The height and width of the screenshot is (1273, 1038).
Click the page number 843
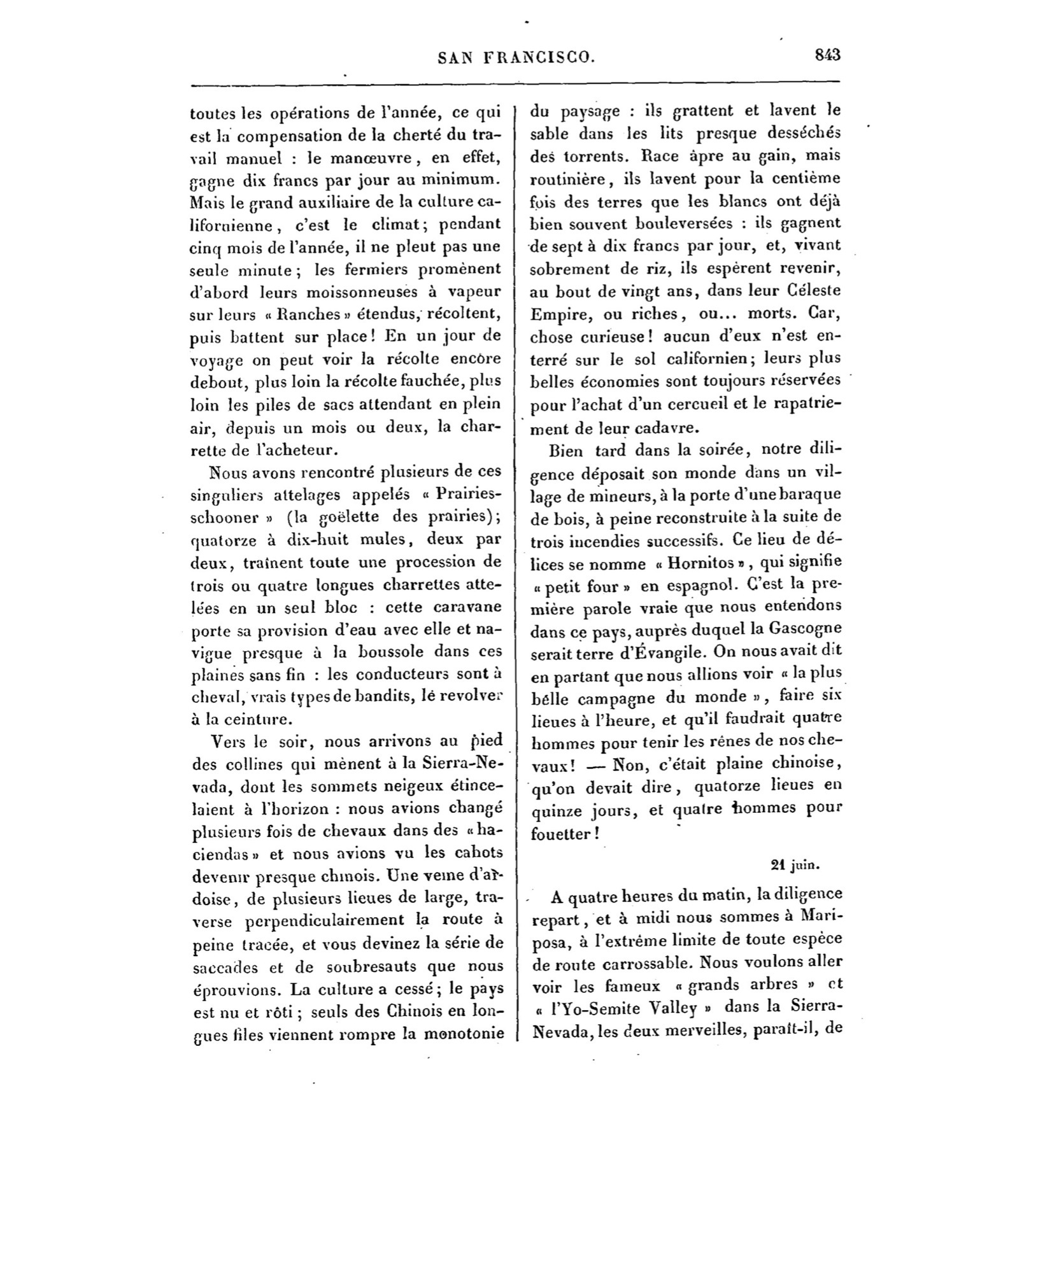827,55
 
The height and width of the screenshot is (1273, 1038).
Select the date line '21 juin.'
795,865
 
